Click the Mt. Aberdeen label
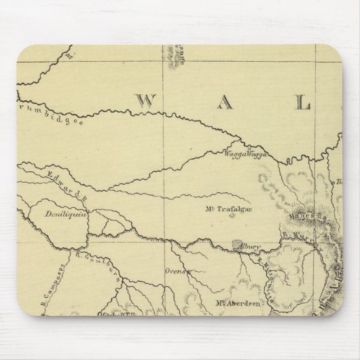point(236,304)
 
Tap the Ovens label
point(176,270)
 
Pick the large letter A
point(225,102)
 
